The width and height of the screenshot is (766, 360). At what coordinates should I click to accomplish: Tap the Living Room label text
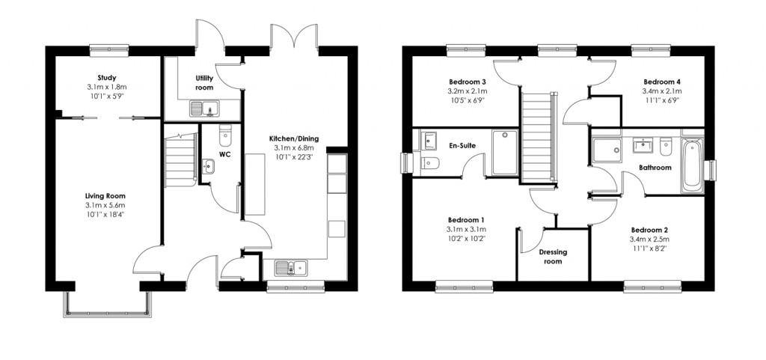click(x=105, y=195)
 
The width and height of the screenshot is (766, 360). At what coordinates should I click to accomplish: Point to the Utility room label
click(x=205, y=82)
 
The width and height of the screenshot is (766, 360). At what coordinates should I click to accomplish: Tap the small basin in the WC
click(x=209, y=167)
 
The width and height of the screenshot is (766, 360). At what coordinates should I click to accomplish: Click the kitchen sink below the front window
click(x=290, y=267)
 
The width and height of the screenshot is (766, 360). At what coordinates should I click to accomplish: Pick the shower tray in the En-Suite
click(x=504, y=153)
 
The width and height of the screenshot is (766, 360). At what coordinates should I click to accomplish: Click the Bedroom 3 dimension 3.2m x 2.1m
click(x=468, y=91)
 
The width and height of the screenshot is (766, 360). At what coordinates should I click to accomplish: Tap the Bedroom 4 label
click(x=662, y=81)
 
